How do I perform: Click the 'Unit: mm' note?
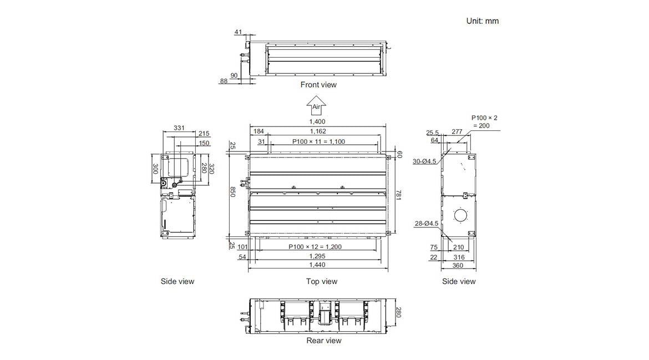tap(482, 21)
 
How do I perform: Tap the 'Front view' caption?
tap(318, 85)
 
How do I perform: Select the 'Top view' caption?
tap(322, 281)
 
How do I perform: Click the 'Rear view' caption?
tap(324, 341)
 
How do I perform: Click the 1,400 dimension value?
tap(317, 121)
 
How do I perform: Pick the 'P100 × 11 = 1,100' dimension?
tap(318, 141)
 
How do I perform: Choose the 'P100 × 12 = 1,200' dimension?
tap(315, 246)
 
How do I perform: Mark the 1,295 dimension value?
tap(318, 256)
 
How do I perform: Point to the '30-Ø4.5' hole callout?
tap(424, 161)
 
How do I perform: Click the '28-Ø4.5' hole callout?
tap(427, 224)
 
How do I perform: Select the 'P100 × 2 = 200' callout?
tap(484, 121)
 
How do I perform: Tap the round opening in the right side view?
tap(459, 215)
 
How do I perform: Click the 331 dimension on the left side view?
tap(179, 128)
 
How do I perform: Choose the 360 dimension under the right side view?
tap(458, 266)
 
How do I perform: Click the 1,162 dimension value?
tap(318, 131)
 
